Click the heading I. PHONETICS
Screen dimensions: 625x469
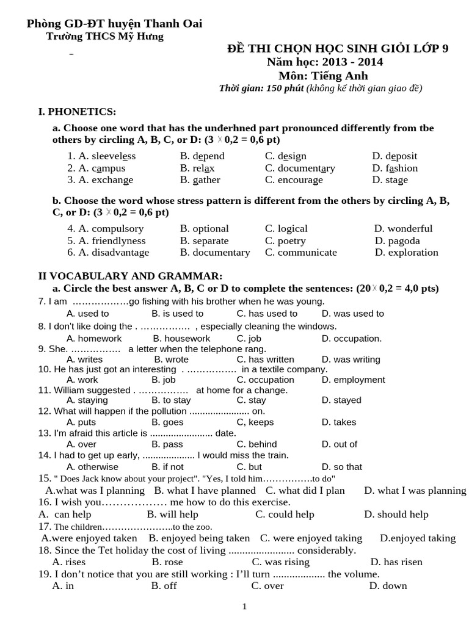77,111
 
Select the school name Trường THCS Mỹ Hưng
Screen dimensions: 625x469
105,37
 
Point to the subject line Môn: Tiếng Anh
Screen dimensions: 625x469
323,76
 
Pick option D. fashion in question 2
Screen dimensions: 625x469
394,168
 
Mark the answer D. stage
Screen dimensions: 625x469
390,180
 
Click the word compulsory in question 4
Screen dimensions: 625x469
117,229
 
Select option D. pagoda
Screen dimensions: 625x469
398,241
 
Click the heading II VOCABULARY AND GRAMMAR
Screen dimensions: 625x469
130,276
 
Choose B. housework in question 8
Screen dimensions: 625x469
181,339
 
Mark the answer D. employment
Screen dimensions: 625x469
353,380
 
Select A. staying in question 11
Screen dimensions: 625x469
87,400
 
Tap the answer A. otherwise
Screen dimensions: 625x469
92,467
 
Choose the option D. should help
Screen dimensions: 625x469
396,515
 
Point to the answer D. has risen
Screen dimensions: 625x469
396,562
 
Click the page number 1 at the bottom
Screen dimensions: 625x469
244,607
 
